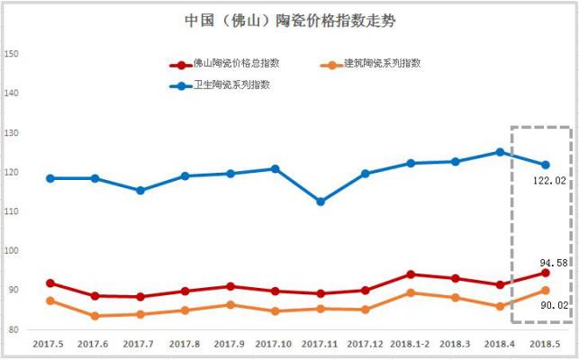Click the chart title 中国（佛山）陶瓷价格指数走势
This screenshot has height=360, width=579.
click(289, 20)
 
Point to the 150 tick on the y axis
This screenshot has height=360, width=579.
click(12, 54)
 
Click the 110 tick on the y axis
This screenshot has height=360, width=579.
click(12, 211)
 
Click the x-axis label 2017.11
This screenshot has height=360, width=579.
click(320, 344)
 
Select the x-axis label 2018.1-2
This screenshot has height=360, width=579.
click(410, 344)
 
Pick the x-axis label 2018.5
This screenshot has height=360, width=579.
click(545, 344)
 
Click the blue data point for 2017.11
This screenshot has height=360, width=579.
click(321, 202)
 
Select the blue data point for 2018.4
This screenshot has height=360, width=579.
click(501, 152)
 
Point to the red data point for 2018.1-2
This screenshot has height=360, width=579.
click(411, 274)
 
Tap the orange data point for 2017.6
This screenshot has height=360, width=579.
click(95, 316)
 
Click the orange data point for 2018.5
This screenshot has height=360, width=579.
click(546, 291)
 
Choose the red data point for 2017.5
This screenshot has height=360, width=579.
click(50, 283)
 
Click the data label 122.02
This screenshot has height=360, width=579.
click(549, 181)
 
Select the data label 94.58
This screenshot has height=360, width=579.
click(551, 262)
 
